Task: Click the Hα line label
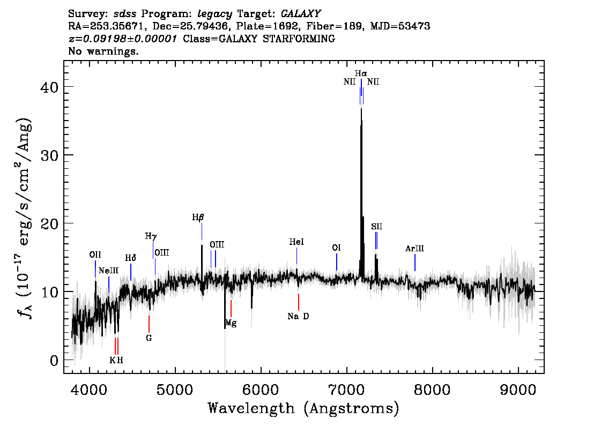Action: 361,73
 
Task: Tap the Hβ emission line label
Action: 198,218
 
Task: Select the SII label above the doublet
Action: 376,226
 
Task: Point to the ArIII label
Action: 414,249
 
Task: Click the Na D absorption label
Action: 298,316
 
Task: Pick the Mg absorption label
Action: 231,323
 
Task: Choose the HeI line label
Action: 296,242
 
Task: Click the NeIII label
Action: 108,271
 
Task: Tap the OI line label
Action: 336,248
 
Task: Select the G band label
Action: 149,338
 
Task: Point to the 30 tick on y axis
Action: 49,155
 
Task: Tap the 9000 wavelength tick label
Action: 518,390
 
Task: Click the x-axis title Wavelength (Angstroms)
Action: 303,408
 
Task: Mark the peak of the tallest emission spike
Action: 361,108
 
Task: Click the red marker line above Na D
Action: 298,302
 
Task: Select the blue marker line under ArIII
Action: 415,263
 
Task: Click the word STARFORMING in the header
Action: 299,39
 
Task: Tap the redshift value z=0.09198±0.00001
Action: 123,39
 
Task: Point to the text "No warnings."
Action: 103,51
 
